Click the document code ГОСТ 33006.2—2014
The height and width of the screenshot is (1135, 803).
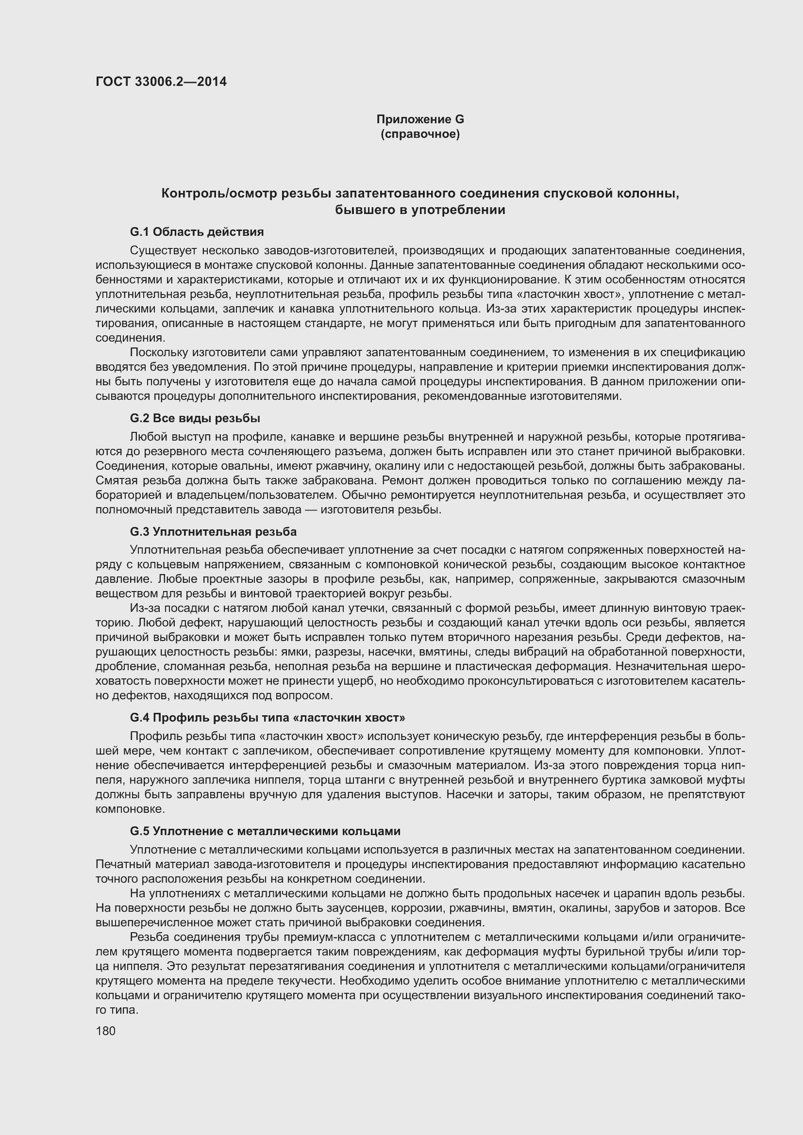click(x=161, y=82)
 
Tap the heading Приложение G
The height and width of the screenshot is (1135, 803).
click(x=420, y=119)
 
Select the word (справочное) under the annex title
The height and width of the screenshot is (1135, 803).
click(x=420, y=134)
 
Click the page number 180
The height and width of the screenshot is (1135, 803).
click(x=105, y=1031)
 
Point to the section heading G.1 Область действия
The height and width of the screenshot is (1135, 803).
click(x=197, y=232)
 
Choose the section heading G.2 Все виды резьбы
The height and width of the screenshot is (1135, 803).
click(x=195, y=418)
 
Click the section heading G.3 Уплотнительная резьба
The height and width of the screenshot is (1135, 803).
click(x=213, y=532)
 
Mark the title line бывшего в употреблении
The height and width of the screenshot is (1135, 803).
click(x=420, y=210)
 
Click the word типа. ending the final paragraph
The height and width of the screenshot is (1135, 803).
click(x=124, y=1010)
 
